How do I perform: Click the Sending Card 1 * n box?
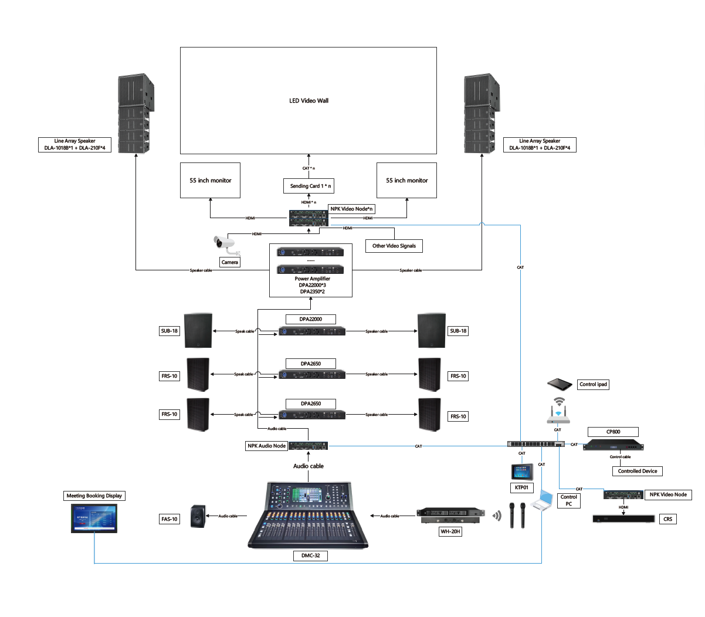(x=310, y=186)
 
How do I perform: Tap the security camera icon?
(x=223, y=243)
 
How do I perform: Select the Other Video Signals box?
(x=394, y=246)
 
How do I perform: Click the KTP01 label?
(x=521, y=487)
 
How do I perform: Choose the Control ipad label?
(x=594, y=385)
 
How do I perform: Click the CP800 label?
(x=613, y=432)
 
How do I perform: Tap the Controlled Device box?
(x=638, y=471)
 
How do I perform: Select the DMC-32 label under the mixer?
(x=310, y=555)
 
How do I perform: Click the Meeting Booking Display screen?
(x=94, y=518)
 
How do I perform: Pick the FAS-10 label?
(x=170, y=519)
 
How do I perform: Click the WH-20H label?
(x=450, y=531)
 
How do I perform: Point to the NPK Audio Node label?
(x=267, y=446)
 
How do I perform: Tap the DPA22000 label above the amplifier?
(x=311, y=319)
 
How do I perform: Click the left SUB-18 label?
(x=170, y=331)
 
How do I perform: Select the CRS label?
(x=668, y=519)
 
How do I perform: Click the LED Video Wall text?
(x=309, y=101)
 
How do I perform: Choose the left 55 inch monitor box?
(x=210, y=181)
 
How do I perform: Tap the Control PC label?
(x=568, y=500)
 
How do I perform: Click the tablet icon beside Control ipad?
(x=560, y=385)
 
